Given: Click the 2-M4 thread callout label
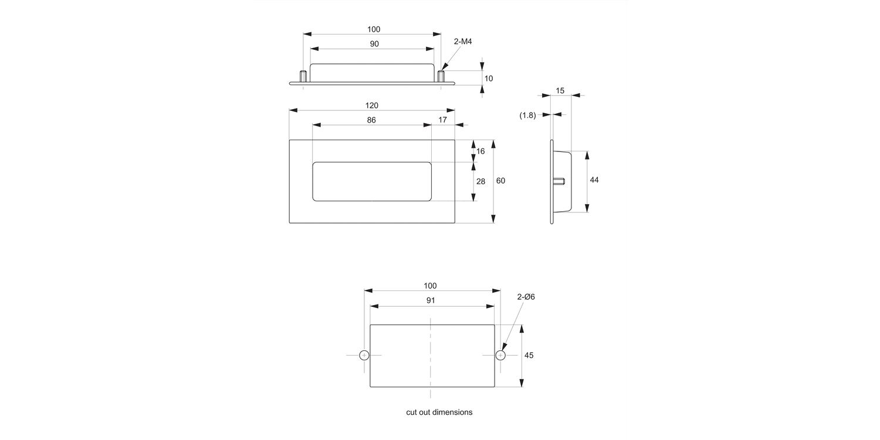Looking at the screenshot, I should [x=463, y=42].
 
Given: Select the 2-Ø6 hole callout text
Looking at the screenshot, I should [x=526, y=297].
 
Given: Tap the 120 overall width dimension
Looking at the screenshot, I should [x=372, y=106].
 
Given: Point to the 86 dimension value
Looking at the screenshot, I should [x=371, y=120].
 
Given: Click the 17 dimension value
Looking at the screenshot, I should [x=442, y=120].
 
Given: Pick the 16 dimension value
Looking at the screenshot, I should [x=480, y=151].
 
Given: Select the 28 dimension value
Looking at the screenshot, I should [x=480, y=181].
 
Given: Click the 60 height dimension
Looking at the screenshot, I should [x=500, y=181].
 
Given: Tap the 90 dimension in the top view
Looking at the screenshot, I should [x=374, y=44].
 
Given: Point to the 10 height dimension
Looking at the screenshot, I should [x=489, y=78].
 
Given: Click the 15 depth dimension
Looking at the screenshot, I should [x=560, y=90].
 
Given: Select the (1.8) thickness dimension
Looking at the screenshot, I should [x=527, y=116].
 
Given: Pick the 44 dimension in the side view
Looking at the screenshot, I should [x=594, y=180].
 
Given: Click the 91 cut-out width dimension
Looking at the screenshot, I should [x=431, y=300].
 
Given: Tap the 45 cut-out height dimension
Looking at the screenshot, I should [x=529, y=356].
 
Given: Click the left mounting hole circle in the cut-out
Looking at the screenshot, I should [x=364, y=355].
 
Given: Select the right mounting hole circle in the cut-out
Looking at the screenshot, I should [x=500, y=355].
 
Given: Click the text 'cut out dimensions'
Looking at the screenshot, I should [x=439, y=412].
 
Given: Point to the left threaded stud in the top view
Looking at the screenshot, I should [x=303, y=76].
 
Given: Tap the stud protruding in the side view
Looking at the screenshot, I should [x=559, y=181].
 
